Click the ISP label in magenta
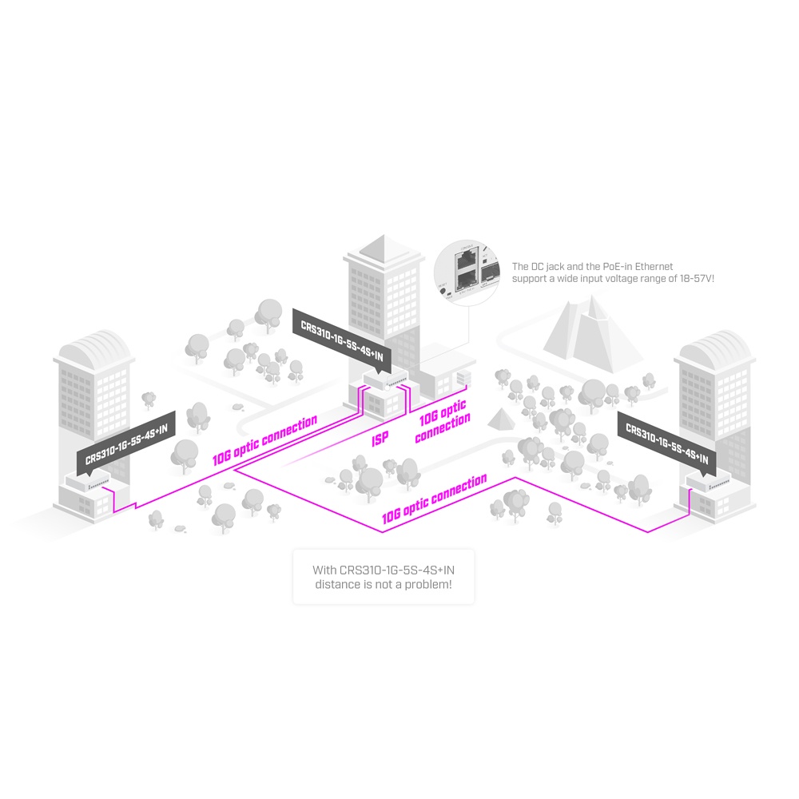click(x=380, y=439)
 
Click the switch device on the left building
click(x=89, y=483)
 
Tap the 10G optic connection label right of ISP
click(x=442, y=422)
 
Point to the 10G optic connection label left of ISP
click(x=264, y=440)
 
